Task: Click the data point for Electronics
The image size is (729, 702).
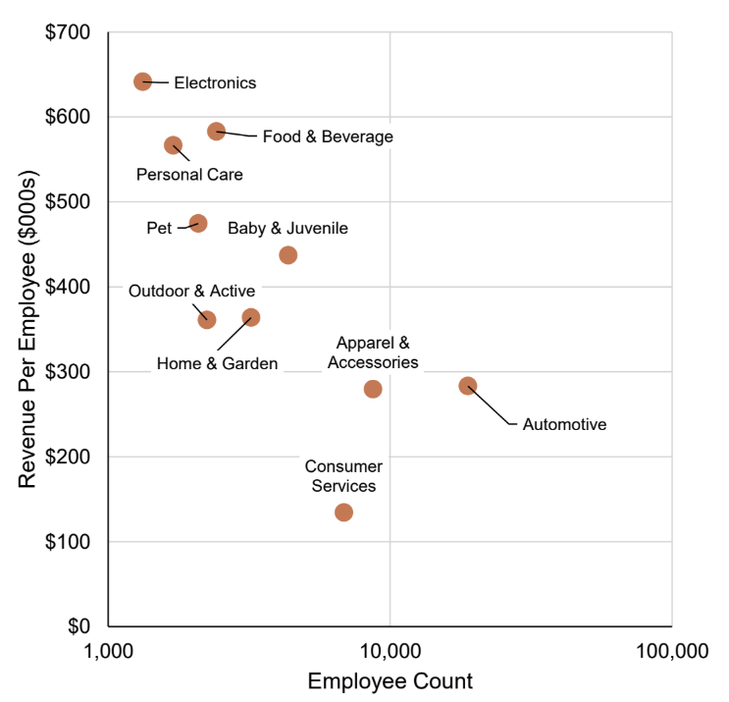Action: pyautogui.click(x=143, y=81)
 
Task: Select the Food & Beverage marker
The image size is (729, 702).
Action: pyautogui.click(x=217, y=132)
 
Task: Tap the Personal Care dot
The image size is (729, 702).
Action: pyautogui.click(x=174, y=145)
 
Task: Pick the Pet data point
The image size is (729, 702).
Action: pyautogui.click(x=198, y=224)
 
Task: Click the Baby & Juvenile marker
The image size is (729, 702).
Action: pyautogui.click(x=288, y=255)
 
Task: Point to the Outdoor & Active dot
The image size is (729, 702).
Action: pyautogui.click(x=207, y=320)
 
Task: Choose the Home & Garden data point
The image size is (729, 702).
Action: pyautogui.click(x=251, y=318)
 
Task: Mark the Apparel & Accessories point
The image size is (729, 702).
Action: pyautogui.click(x=373, y=389)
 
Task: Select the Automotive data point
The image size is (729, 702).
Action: pyautogui.click(x=468, y=386)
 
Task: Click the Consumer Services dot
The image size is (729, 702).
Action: pyautogui.click(x=343, y=513)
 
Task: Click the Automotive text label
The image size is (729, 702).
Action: pyautogui.click(x=564, y=425)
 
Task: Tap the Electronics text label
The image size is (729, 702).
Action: pyautogui.click(x=215, y=82)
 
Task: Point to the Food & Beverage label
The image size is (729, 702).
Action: pyautogui.click(x=328, y=136)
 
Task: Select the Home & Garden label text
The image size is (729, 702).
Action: pyautogui.click(x=217, y=364)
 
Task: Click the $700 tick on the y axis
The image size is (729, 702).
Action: pyautogui.click(x=69, y=32)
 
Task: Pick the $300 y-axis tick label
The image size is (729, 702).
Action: pyautogui.click(x=69, y=372)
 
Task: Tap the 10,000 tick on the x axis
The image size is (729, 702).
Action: pyautogui.click(x=390, y=651)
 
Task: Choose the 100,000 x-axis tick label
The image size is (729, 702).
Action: pyautogui.click(x=671, y=651)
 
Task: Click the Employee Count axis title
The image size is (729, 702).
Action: pyautogui.click(x=391, y=681)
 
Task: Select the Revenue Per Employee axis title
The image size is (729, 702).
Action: pyautogui.click(x=28, y=329)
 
